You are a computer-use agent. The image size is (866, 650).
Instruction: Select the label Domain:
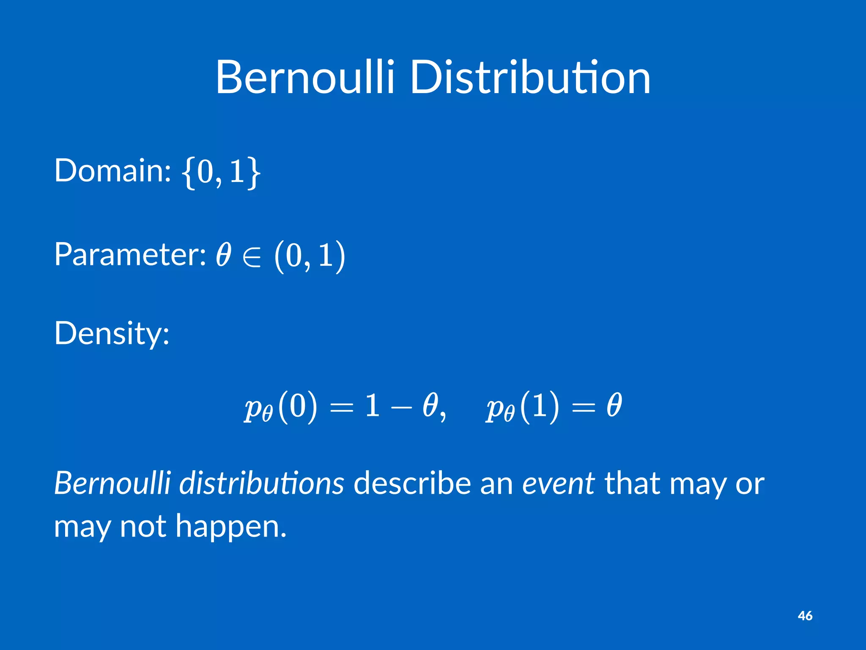(112, 170)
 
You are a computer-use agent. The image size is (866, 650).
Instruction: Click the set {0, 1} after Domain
(221, 171)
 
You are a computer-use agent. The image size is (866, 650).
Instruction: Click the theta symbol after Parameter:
(223, 255)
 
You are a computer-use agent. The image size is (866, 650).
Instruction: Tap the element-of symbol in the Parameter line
(252, 256)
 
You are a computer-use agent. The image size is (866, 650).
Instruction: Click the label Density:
(112, 333)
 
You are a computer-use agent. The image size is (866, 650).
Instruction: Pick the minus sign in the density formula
(401, 407)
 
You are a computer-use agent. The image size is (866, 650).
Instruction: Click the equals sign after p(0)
(341, 407)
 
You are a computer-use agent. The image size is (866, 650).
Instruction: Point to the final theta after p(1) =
(614, 405)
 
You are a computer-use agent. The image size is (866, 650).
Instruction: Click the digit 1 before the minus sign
(372, 405)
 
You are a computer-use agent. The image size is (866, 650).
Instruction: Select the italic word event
(558, 483)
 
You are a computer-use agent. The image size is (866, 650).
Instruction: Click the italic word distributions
(262, 483)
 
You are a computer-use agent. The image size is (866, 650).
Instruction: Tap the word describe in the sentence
(412, 483)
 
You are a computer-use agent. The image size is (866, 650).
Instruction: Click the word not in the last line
(143, 526)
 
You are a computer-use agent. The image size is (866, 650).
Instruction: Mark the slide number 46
(805, 616)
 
